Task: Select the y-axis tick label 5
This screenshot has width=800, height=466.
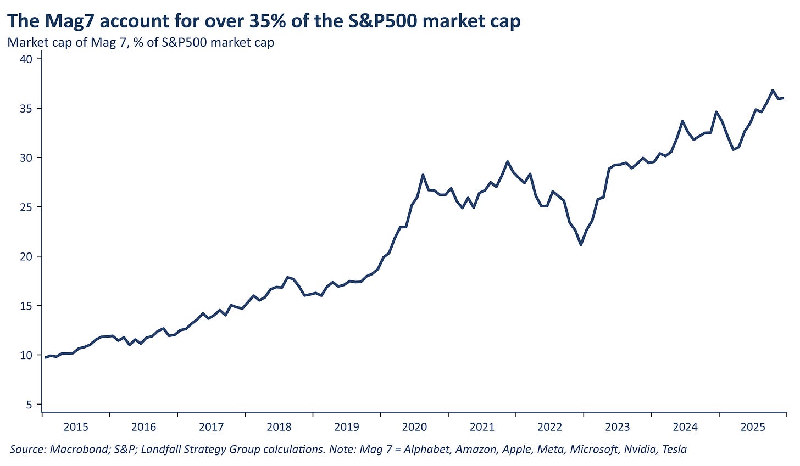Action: pyautogui.click(x=30, y=405)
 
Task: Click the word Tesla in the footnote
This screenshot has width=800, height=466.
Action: pyautogui.click(x=675, y=450)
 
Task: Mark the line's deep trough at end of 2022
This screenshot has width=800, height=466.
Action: pyautogui.click(x=581, y=245)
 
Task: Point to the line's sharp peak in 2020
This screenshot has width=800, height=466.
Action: pyautogui.click(x=423, y=175)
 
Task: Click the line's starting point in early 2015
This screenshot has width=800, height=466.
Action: pyautogui.click(x=46, y=357)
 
